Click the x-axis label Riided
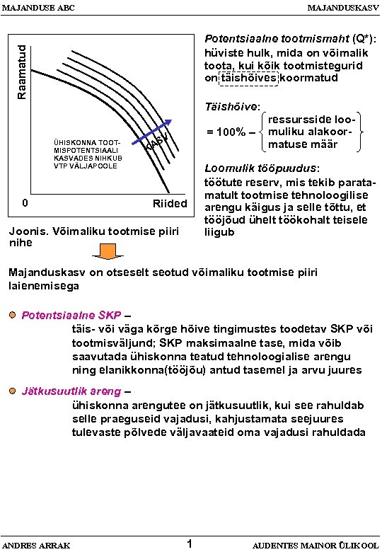(170, 204)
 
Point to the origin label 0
(25, 203)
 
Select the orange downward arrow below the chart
(107, 251)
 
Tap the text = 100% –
(226, 132)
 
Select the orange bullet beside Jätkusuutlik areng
(14, 391)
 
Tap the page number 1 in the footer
(190, 544)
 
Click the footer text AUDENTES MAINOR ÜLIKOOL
(315, 545)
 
